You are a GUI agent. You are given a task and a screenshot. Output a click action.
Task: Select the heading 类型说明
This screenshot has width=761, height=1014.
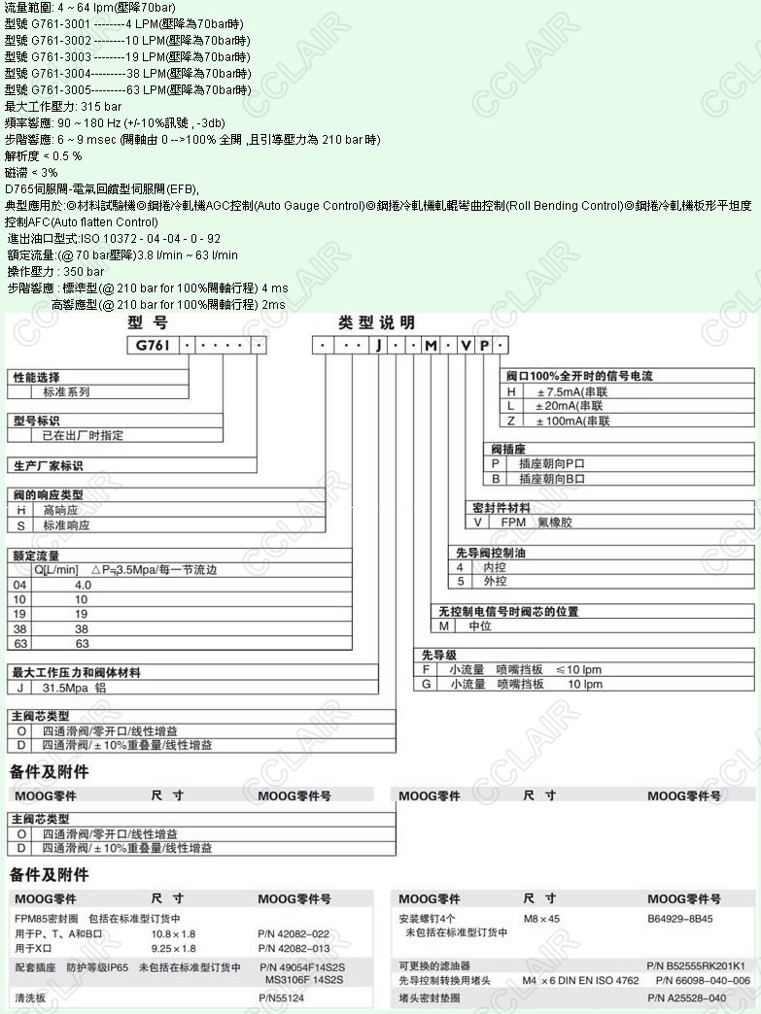(x=376, y=322)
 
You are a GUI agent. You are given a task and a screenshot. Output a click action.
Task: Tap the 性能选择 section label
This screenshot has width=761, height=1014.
(x=36, y=377)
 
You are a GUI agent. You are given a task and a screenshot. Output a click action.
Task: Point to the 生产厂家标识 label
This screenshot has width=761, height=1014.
(x=48, y=465)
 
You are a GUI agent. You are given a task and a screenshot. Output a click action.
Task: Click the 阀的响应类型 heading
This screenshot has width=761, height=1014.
(x=48, y=494)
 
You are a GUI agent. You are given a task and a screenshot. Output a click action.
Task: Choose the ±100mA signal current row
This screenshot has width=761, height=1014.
(x=572, y=421)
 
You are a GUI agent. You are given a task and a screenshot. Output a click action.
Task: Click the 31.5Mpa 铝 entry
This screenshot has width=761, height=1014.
(x=74, y=687)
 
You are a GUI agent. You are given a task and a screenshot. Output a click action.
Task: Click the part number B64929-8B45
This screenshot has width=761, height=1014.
(x=679, y=918)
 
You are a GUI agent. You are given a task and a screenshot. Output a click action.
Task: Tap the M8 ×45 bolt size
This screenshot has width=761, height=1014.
(x=541, y=918)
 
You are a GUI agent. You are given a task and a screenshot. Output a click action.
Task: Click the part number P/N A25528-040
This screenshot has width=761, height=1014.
(x=686, y=997)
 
